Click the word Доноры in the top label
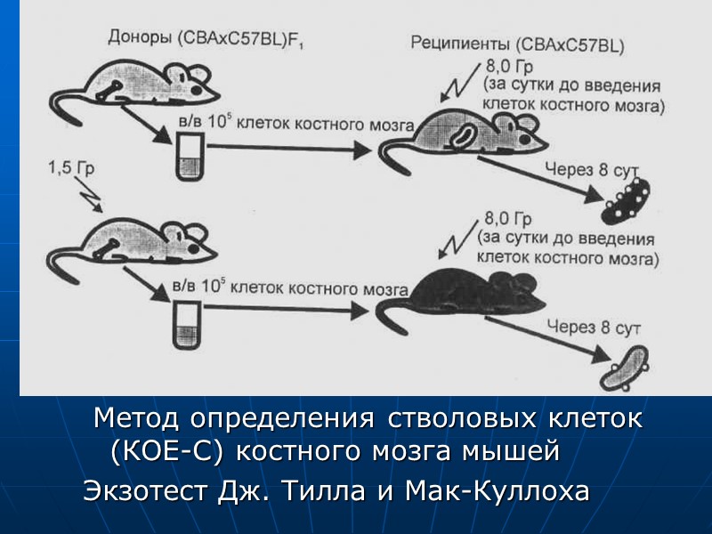[x=139, y=38]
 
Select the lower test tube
[x=187, y=324]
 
